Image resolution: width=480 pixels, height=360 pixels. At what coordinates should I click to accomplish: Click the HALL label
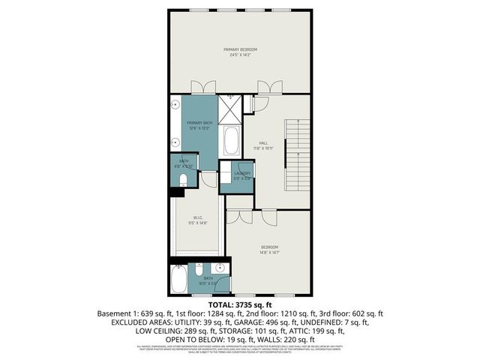coord(263,143)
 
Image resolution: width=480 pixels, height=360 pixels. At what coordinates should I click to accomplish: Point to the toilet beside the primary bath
coord(184,178)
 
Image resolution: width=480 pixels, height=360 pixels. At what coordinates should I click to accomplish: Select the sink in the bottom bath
coord(220,268)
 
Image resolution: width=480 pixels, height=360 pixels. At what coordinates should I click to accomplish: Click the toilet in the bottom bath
coord(199,270)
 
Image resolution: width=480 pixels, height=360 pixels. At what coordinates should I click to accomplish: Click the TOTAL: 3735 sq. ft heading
coord(240,304)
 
